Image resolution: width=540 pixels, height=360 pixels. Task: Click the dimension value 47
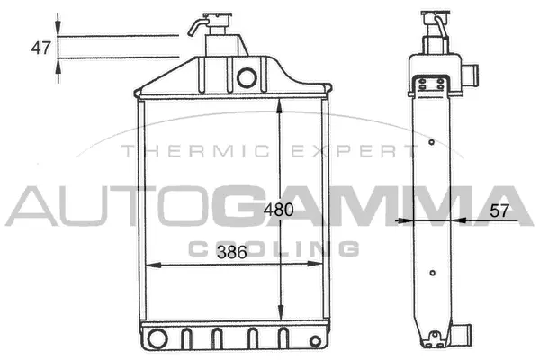click(40, 49)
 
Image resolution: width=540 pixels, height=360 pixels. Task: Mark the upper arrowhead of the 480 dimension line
click(282, 104)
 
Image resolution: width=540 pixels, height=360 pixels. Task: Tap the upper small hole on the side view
click(432, 142)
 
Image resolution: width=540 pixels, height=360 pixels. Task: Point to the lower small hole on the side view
click(433, 274)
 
